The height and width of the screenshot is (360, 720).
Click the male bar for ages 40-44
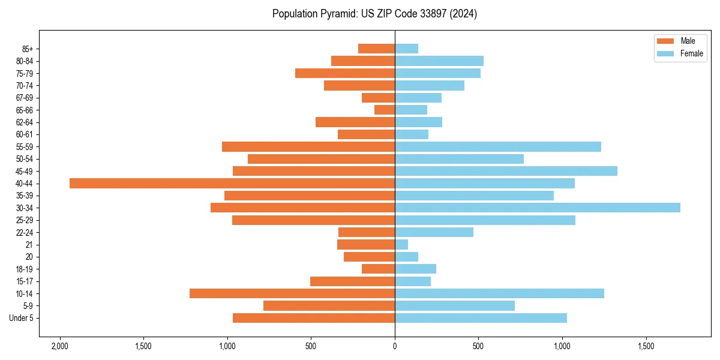tap(232, 184)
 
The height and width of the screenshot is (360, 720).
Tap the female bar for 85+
tap(406, 49)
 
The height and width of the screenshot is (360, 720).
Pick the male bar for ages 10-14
tap(292, 293)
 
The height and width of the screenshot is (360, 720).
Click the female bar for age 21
tap(401, 245)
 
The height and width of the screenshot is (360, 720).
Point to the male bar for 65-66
tap(385, 110)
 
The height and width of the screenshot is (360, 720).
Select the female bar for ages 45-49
tap(506, 171)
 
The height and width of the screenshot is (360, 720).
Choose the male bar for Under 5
tap(314, 318)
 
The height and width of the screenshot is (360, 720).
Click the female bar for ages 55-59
tap(498, 147)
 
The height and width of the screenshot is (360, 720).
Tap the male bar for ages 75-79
tap(345, 73)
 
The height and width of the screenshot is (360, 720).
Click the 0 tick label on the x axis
tap(395, 347)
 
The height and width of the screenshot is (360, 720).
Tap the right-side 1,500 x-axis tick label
tap(646, 347)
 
